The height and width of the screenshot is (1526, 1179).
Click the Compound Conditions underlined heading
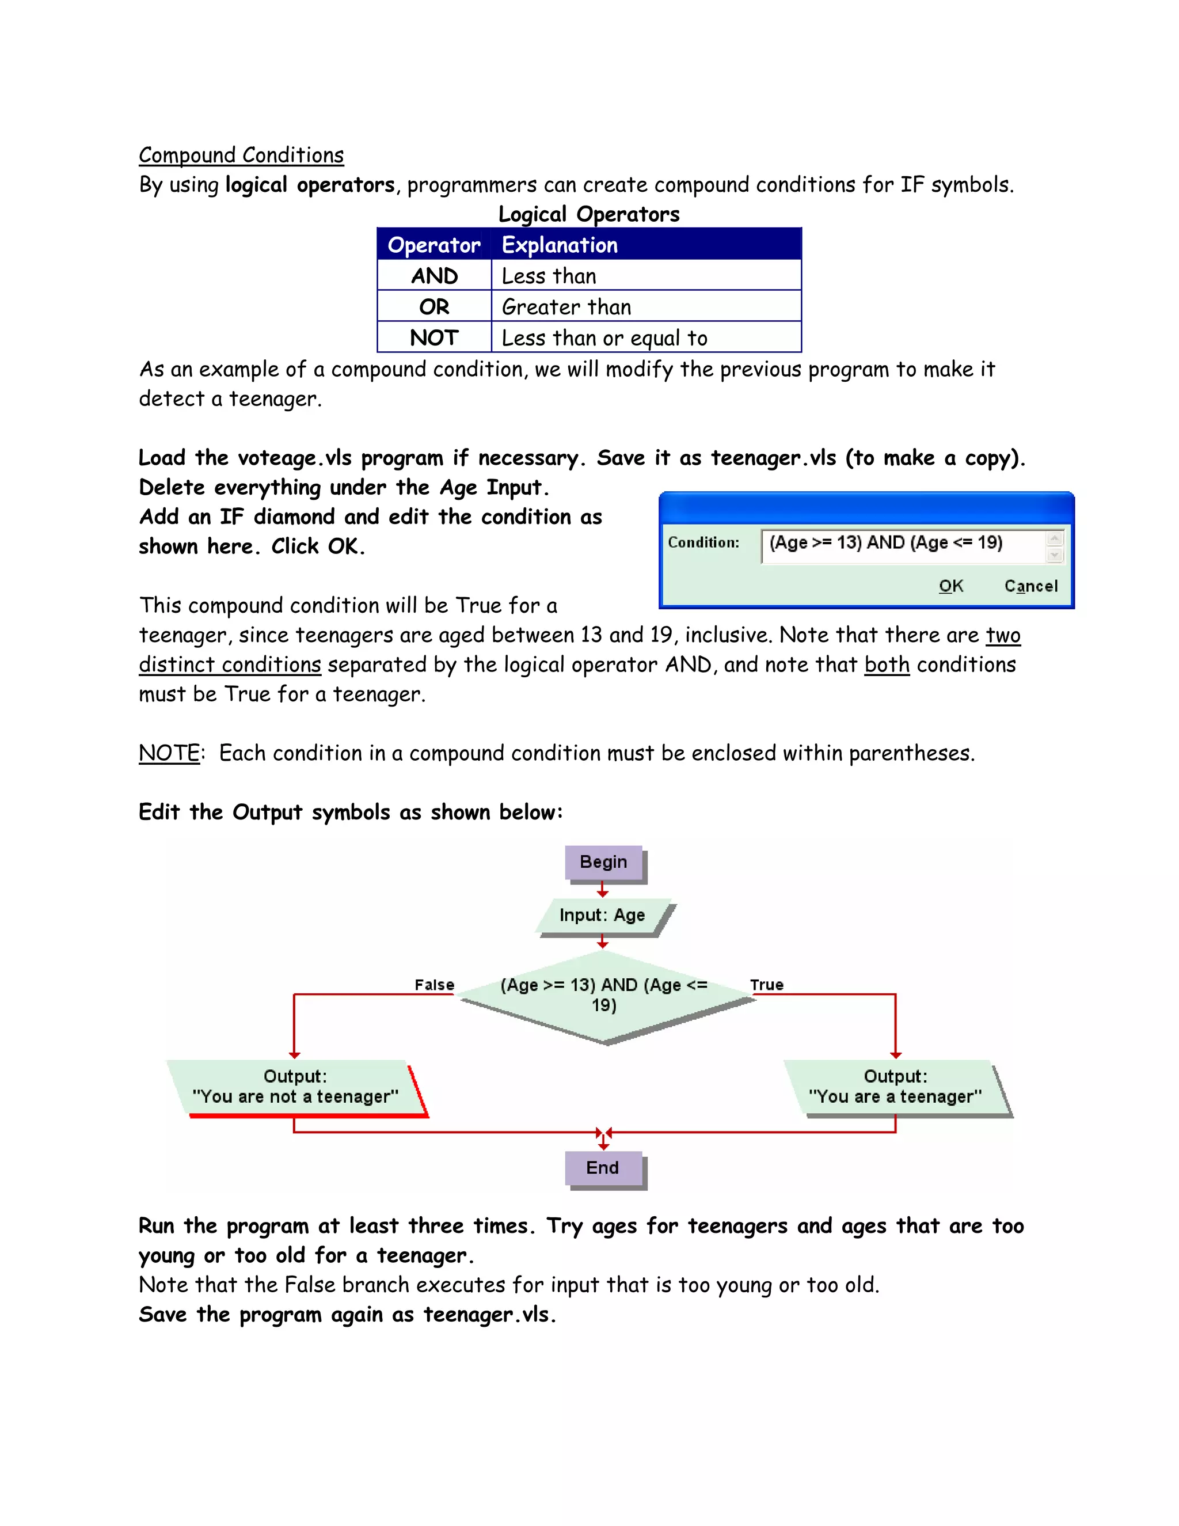[x=241, y=155]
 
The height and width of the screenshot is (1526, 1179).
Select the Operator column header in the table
[x=433, y=245]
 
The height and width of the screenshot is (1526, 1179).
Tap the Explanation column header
[x=560, y=245]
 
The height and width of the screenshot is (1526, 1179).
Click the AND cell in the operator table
[x=433, y=276]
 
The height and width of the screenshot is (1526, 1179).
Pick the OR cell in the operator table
[x=433, y=307]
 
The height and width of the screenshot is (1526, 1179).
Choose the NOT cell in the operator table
[x=433, y=338]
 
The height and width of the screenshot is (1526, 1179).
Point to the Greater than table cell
[x=566, y=307]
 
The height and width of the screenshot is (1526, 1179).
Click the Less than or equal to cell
[x=604, y=338]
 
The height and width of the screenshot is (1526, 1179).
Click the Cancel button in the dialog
[x=1030, y=586]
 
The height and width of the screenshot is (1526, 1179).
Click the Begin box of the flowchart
[x=603, y=862]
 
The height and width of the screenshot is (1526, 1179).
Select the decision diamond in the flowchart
[x=604, y=996]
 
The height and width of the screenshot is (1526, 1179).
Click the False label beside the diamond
[x=435, y=985]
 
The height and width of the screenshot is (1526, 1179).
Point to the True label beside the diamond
[x=767, y=985]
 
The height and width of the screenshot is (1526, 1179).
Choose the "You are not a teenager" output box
[x=295, y=1087]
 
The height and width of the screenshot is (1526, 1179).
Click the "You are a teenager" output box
[x=895, y=1087]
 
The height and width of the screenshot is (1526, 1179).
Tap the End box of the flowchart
[x=603, y=1168]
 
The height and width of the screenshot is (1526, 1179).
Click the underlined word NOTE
[x=170, y=753]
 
